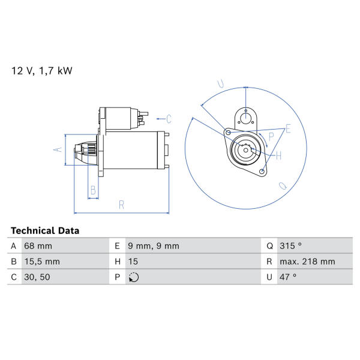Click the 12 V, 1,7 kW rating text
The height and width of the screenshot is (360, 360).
42,71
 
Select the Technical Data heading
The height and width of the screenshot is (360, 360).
45,230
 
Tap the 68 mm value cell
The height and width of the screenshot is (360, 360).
38,246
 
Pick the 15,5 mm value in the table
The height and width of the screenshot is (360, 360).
42,262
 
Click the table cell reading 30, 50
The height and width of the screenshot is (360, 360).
37,277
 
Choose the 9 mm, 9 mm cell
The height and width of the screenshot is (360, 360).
154,246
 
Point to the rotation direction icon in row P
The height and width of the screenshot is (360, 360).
134,277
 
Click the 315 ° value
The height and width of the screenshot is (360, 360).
290,245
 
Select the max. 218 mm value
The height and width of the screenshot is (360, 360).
307,261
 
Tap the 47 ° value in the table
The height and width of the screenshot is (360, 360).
288,277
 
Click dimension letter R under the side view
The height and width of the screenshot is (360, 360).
121,205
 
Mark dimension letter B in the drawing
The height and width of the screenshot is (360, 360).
93,190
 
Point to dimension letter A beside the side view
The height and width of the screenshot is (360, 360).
58,149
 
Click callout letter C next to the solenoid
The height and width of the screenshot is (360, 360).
169,119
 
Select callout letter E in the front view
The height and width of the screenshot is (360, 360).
288,129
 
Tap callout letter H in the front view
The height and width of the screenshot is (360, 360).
278,156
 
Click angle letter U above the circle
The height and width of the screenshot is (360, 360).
221,84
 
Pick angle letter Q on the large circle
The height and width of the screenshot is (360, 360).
283,185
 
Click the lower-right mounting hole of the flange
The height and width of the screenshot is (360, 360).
262,172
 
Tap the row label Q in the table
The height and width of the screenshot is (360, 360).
269,246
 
